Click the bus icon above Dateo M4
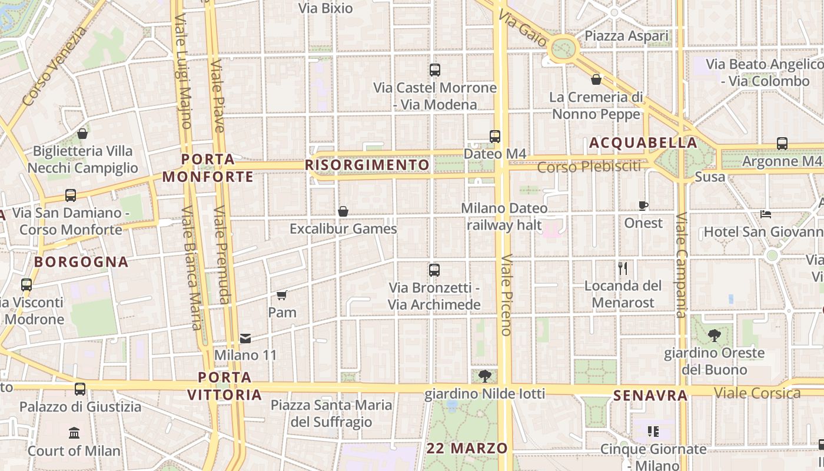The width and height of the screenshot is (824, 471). [x=494, y=137]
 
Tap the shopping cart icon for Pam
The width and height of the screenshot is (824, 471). [x=282, y=295]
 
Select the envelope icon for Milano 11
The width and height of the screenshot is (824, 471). [x=245, y=339]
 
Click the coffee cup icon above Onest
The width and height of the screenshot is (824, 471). [x=643, y=205]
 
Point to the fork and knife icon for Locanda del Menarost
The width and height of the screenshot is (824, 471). [x=623, y=268]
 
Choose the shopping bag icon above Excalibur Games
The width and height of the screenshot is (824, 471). [x=343, y=211]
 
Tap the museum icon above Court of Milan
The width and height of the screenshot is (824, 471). [x=74, y=434]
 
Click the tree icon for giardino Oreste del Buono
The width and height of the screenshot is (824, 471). [x=715, y=336]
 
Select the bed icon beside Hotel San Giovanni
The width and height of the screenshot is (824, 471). [x=766, y=214]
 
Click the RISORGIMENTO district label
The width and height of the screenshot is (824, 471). [x=367, y=165]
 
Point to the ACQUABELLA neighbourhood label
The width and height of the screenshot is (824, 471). [x=643, y=143]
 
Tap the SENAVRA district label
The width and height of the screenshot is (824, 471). [x=650, y=396]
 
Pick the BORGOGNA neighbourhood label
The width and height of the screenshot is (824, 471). [x=81, y=262]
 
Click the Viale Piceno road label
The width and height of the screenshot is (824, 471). [x=506, y=294]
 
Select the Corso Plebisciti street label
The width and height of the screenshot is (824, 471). [x=589, y=167]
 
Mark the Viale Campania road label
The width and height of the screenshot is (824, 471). [x=681, y=265]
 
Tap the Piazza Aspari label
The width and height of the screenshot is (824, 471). [x=627, y=37]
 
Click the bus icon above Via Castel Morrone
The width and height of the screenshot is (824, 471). [x=435, y=70]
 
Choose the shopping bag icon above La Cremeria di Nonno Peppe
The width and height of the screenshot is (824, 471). [x=596, y=79]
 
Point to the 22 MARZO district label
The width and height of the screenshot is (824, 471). [x=467, y=448]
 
